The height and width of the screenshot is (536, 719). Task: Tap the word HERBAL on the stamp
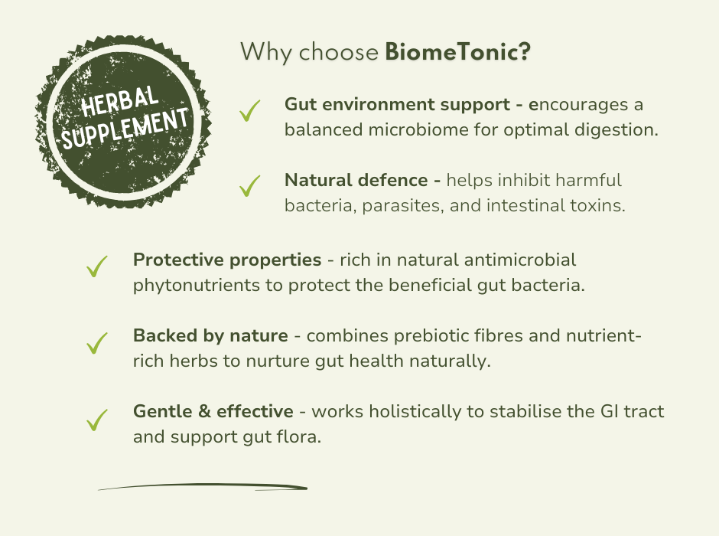[120, 101]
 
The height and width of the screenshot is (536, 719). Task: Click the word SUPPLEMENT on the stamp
[125, 129]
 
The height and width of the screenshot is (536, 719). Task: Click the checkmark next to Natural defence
[249, 186]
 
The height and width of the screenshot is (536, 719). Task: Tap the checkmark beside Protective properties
[96, 266]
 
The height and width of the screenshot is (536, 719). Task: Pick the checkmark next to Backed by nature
[96, 343]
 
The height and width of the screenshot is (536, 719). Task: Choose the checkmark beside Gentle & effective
[96, 420]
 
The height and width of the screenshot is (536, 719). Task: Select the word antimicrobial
[520, 260]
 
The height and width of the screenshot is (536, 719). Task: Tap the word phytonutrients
[197, 286]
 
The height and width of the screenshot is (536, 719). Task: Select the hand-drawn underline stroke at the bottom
[203, 486]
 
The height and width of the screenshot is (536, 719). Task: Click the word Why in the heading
[266, 52]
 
